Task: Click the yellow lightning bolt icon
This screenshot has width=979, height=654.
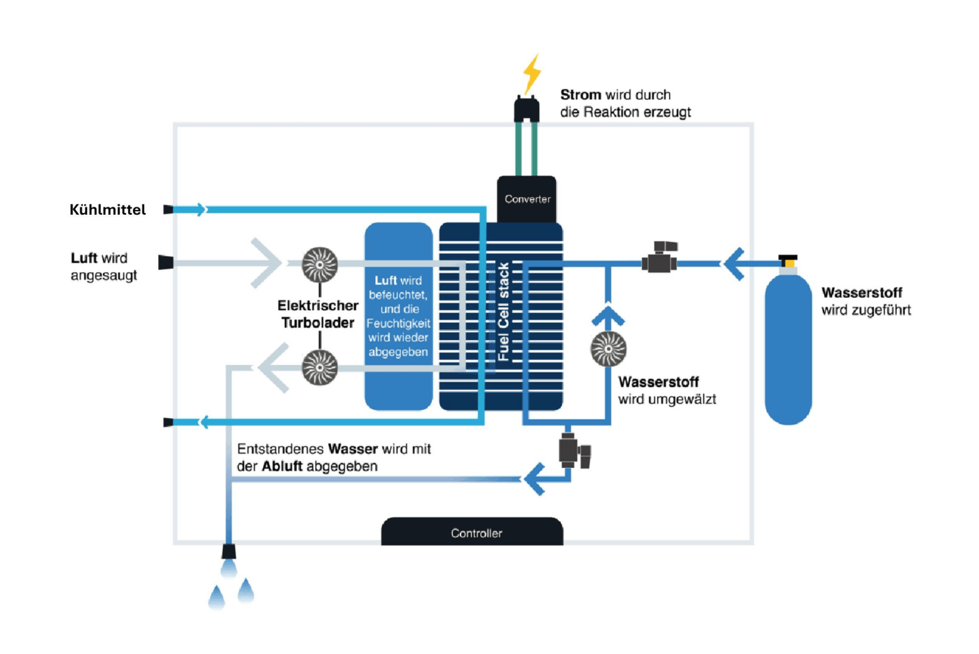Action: click(532, 73)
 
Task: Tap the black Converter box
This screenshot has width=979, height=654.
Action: click(527, 199)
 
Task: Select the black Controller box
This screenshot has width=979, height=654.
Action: click(473, 532)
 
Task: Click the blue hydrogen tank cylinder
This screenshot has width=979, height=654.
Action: click(788, 349)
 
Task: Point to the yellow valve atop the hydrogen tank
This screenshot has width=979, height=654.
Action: click(788, 259)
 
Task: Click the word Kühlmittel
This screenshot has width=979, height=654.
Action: click(107, 210)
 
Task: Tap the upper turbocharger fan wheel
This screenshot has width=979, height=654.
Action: click(319, 264)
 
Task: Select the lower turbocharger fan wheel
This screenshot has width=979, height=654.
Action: click(319, 367)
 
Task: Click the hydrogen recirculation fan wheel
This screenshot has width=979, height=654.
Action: click(608, 349)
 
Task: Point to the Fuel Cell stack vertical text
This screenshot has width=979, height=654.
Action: click(503, 312)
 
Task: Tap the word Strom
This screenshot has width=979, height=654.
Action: click(580, 95)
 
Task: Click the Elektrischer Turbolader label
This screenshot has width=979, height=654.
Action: click(318, 314)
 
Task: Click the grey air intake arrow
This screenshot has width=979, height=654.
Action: click(266, 263)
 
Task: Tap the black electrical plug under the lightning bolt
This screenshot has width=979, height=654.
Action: click(527, 109)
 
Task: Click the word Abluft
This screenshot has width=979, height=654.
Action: click(282, 466)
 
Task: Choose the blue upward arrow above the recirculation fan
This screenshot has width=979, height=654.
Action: click(607, 315)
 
